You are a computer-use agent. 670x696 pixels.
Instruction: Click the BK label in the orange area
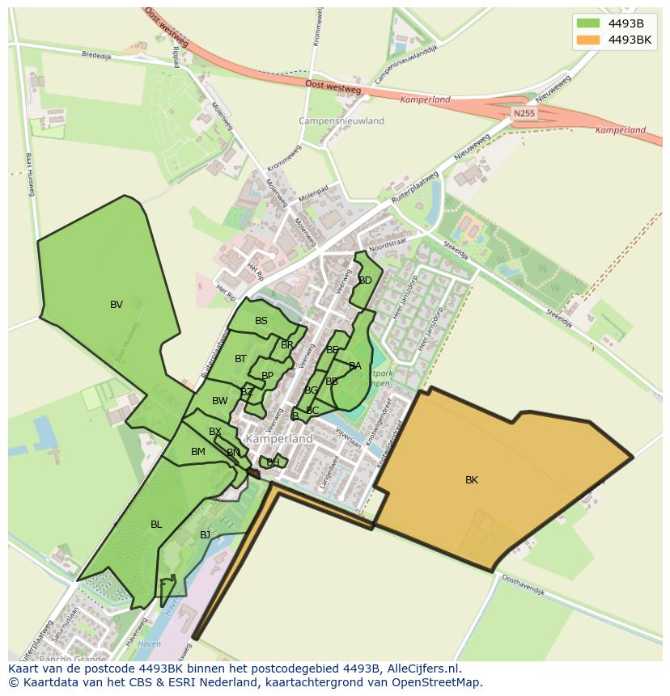point(471,480)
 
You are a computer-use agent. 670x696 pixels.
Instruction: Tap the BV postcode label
point(117,305)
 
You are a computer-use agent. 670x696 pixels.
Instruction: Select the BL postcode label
point(156,525)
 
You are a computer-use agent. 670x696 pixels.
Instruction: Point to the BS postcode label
point(261,321)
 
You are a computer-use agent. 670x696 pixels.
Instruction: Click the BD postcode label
point(365,281)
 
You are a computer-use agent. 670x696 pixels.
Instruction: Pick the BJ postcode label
point(205,535)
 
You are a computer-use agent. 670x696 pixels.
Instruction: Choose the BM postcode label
point(198,452)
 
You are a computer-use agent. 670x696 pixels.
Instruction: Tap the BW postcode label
point(219,401)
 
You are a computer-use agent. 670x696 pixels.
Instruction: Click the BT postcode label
point(240,359)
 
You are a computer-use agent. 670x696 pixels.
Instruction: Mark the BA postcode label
point(354,366)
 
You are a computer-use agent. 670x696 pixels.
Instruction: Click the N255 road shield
point(524,114)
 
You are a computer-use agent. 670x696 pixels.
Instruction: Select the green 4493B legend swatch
point(588,23)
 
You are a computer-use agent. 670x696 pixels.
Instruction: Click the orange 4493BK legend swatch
point(588,40)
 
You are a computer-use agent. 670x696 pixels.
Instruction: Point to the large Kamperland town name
point(279,438)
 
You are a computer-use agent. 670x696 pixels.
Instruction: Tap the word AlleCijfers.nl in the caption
point(422,669)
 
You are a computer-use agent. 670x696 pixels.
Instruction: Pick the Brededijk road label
point(95,56)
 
